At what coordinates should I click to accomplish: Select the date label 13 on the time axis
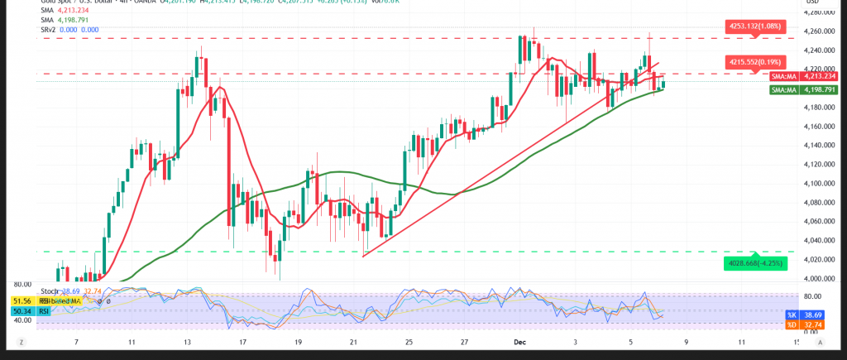(188, 341)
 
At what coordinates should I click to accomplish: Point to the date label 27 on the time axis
(465, 341)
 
